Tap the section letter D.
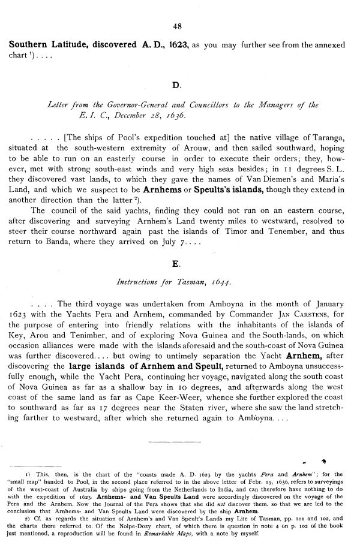(x=176, y=85)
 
